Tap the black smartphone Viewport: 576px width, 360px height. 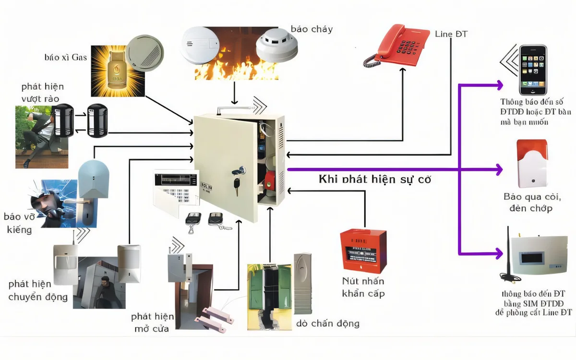coord(533,70)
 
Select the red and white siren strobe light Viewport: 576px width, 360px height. coord(531,164)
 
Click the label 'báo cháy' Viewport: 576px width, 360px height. coord(312,29)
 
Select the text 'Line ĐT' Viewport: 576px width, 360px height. coord(451,34)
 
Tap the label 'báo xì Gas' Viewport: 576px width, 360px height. coord(66,58)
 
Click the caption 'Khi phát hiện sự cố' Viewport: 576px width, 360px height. coord(375,180)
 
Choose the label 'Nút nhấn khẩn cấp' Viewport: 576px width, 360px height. coord(363,287)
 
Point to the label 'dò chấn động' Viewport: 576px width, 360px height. coord(328,323)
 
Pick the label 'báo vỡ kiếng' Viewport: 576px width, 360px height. coord(20,223)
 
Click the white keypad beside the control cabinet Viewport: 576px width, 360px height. coord(176,190)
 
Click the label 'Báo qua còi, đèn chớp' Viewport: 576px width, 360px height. coord(531,203)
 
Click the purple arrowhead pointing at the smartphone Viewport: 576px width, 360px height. coord(499,85)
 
